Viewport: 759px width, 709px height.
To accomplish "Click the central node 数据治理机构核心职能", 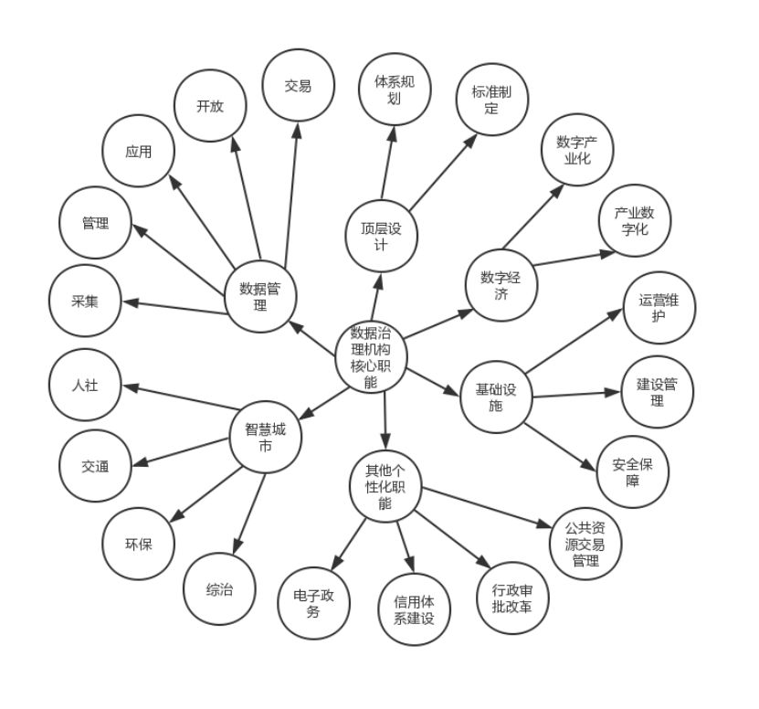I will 371,356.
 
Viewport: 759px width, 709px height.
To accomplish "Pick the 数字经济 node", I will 501,284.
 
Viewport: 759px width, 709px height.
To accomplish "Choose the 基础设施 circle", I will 496,397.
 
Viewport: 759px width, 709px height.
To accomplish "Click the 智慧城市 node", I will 266,438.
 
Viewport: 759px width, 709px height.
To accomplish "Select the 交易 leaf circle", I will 299,87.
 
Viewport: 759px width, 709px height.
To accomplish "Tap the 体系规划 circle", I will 395,90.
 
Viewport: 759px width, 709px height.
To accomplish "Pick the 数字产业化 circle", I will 577,149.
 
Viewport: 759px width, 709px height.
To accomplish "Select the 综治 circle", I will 219,589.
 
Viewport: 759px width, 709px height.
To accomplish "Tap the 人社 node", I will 84,385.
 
